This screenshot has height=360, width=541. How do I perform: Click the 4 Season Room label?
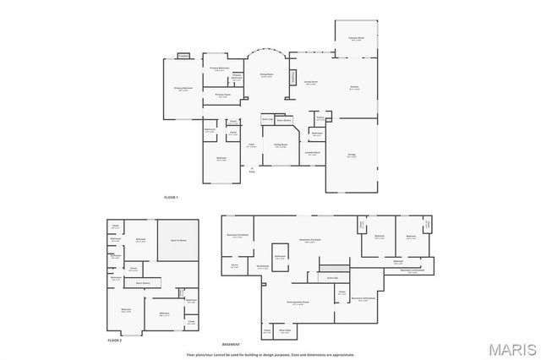tap(356, 38)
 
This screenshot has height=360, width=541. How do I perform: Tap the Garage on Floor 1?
tap(352, 156)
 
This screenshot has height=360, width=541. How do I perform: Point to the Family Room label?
tap(311, 83)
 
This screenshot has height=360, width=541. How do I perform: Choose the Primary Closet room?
tap(222, 95)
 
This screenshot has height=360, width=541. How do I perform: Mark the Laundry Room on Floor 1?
tap(312, 154)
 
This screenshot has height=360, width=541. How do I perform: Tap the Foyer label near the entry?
tap(251, 146)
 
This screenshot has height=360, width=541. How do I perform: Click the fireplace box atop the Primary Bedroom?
tap(183, 56)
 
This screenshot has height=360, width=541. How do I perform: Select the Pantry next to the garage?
tap(320, 119)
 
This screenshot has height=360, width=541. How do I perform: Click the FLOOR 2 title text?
tap(114, 339)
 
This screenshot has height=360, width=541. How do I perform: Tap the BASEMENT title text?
tap(231, 345)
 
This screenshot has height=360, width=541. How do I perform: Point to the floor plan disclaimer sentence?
tap(270, 354)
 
